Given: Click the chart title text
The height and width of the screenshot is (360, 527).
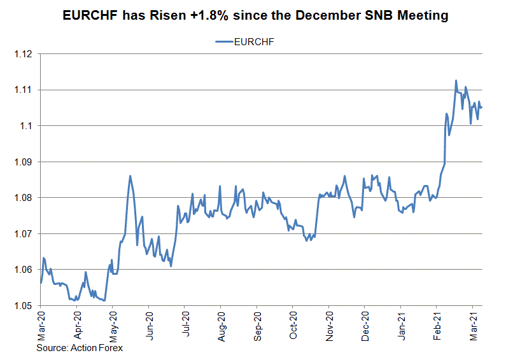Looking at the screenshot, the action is pos(255,15).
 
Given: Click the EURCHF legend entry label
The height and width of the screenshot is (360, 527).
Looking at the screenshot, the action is pos(254,42).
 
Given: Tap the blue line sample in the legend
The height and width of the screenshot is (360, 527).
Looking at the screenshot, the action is pos(224,41).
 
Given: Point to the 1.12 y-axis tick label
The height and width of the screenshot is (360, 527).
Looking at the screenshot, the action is pos(23,54).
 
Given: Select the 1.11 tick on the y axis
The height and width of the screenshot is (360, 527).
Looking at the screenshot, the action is pos(23,90).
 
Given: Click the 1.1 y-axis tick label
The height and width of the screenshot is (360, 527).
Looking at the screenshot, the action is pos(26,126).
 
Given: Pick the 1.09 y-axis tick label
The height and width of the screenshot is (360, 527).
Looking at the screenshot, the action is pos(23,162).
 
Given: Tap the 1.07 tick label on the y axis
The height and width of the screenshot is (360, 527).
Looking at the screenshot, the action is pos(23,233).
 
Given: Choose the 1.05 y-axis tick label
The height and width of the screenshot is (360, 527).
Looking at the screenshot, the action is pos(23,305).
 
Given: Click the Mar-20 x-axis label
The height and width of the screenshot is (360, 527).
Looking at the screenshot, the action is pos(41,326).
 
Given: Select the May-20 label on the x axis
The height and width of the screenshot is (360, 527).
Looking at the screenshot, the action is pos(113,326).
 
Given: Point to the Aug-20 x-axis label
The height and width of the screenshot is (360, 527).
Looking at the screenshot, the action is pos(221,326).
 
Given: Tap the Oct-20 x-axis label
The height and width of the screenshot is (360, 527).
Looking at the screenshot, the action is pos(293,326).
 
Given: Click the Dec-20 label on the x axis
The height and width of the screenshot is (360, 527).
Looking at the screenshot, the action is pos(365,326).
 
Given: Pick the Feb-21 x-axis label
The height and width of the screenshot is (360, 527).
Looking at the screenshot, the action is pos(437,326).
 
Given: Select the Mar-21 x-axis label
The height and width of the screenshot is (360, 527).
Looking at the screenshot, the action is pos(474,326).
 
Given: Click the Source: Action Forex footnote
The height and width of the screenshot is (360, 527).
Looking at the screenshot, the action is pos(80,348).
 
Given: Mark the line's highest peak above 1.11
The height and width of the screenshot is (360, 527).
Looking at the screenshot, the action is pos(456,80).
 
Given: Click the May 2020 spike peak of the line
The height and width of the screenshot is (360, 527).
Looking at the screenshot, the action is pos(130,176).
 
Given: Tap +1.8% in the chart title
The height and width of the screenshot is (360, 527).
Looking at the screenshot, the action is pos(209,15).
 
